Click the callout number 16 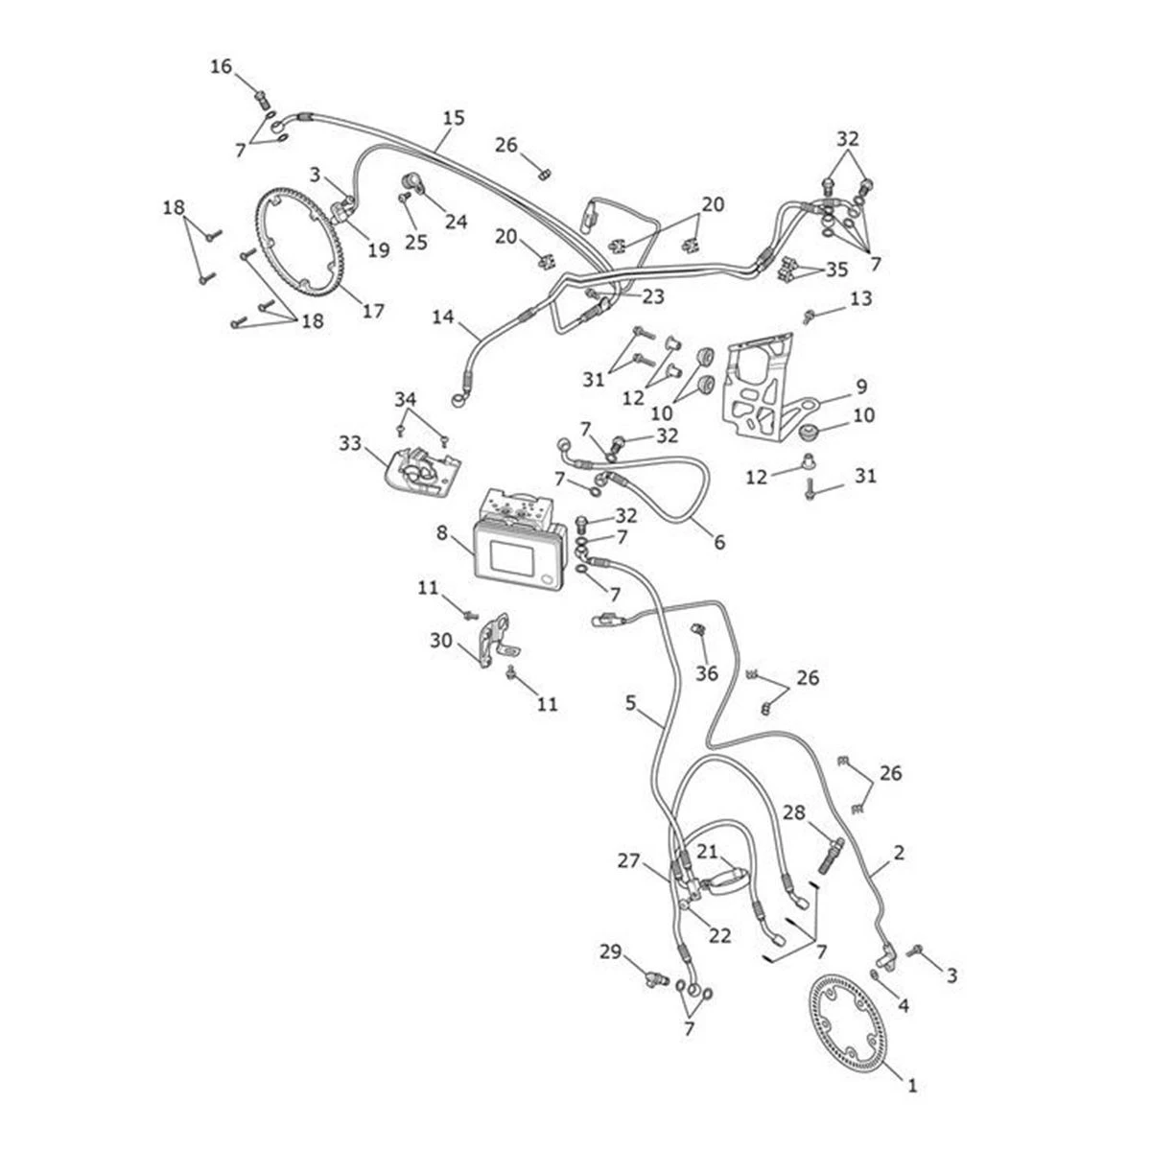pos(222,66)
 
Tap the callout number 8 pos(441,532)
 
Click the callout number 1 pos(912,1086)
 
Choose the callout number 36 pos(706,673)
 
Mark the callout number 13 pos(860,300)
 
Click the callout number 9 pos(860,388)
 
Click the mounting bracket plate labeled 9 pos(758,384)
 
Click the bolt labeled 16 pos(261,96)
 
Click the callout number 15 pos(454,118)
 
